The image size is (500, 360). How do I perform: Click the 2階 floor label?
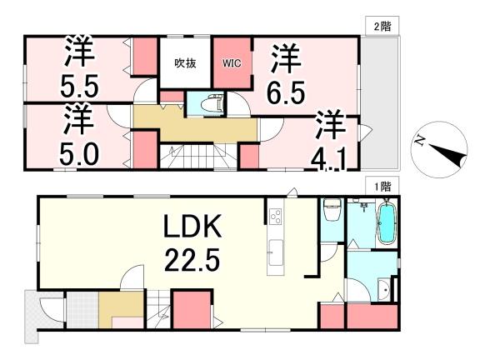point(380,27)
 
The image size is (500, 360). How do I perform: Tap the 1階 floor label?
point(380,187)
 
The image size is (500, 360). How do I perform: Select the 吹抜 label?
point(185,62)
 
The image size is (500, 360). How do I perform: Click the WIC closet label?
point(231,62)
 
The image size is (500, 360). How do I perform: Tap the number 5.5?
point(79,84)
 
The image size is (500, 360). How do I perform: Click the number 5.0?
point(79,154)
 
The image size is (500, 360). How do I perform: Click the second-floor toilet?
point(207,105)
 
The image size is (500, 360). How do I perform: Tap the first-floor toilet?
point(332,210)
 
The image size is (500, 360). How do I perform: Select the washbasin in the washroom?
point(382,289)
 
